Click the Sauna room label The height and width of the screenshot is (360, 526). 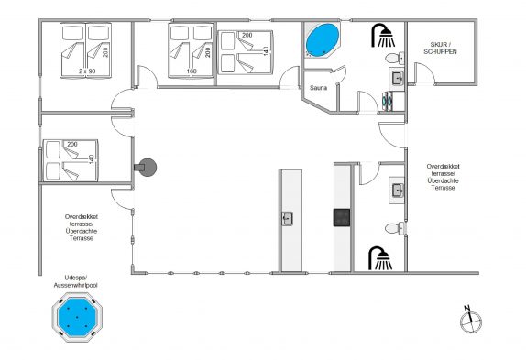[x=318, y=88]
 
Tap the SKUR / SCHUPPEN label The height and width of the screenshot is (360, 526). [x=440, y=48]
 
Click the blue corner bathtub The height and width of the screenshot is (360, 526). [x=323, y=40]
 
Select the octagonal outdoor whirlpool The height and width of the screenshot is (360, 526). [x=77, y=317]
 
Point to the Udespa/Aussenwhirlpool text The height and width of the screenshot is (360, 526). [x=76, y=281]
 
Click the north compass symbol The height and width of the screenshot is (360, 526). [x=470, y=320]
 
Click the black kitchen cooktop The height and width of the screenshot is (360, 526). [x=342, y=217]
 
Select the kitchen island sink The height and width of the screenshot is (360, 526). [x=287, y=219]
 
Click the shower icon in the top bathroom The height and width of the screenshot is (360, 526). [x=383, y=35]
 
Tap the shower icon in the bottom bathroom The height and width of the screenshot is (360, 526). [x=380, y=258]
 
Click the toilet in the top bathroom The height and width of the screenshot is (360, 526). [x=395, y=59]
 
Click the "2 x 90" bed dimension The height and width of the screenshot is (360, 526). [x=87, y=71]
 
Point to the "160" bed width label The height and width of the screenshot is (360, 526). [x=192, y=71]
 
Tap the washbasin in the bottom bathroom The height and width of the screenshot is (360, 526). [x=397, y=190]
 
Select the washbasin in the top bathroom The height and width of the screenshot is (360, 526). [x=397, y=79]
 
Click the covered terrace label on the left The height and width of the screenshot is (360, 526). [x=82, y=227]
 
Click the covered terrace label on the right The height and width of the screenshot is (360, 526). [x=444, y=177]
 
